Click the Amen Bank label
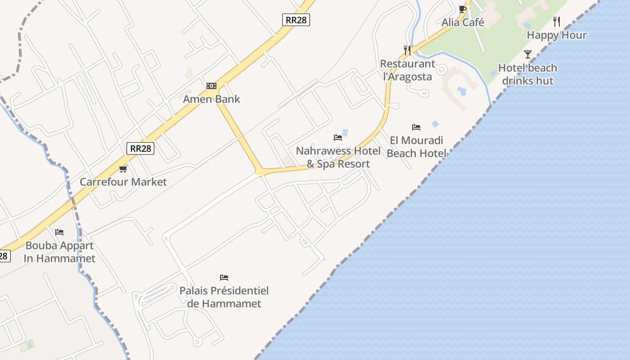(x=211, y=99)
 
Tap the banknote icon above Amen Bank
(x=211, y=86)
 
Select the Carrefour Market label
(x=123, y=182)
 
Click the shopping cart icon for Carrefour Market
(x=123, y=169)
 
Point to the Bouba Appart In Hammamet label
(x=59, y=252)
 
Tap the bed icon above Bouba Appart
(x=59, y=232)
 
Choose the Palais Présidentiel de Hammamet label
(x=224, y=297)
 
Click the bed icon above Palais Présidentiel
(x=224, y=277)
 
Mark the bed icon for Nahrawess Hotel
(x=338, y=137)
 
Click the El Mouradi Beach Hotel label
(x=416, y=147)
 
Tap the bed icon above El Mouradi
(x=416, y=127)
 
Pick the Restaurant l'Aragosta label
(x=408, y=70)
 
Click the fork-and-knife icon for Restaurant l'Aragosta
(x=407, y=50)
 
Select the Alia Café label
(x=463, y=22)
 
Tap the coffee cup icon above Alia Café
(x=462, y=9)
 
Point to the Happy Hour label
(x=557, y=35)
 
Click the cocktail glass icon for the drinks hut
(x=528, y=54)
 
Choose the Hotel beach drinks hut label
(x=528, y=74)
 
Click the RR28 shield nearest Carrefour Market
(x=140, y=148)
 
